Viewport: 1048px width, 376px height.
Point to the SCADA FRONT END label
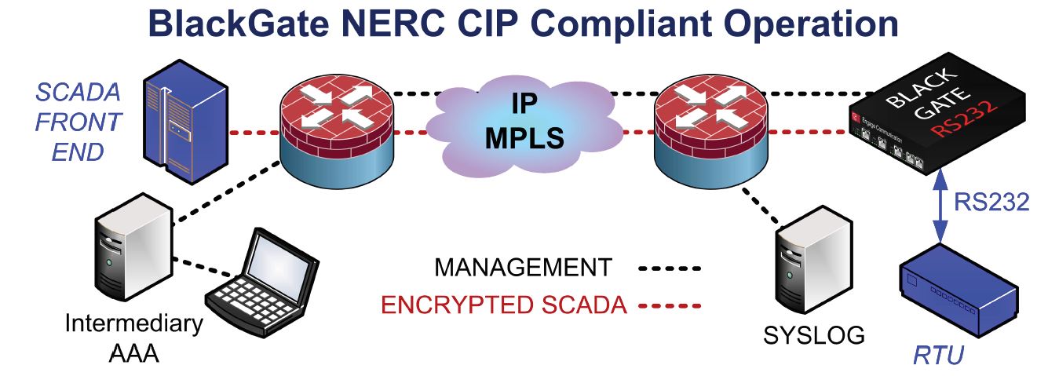click(78, 122)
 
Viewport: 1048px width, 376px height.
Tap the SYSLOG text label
click(814, 336)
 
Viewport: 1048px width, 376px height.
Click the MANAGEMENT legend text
click(523, 268)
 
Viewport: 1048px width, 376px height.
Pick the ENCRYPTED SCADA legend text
click(504, 305)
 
